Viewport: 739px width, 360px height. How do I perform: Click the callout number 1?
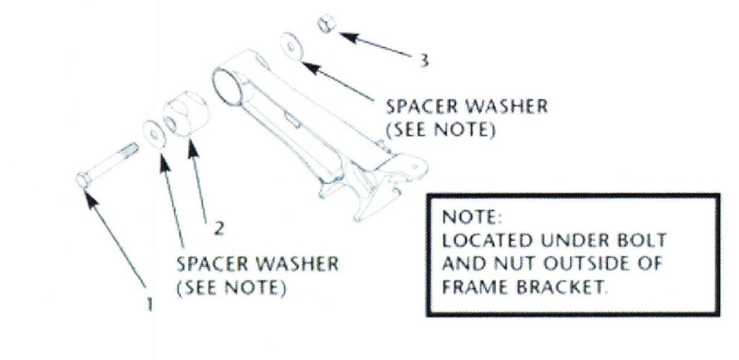150,303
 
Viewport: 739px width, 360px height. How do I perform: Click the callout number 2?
219,228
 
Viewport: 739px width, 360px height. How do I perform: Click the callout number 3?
425,60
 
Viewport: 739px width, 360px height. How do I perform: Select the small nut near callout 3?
326,24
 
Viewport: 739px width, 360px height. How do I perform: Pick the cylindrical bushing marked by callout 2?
186,114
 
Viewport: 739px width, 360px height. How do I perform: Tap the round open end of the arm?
227,87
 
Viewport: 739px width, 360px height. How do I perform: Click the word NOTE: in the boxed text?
471,217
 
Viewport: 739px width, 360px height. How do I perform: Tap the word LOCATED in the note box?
487,240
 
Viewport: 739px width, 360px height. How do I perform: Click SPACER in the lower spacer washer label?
212,264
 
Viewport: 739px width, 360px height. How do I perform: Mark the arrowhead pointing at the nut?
349,37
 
